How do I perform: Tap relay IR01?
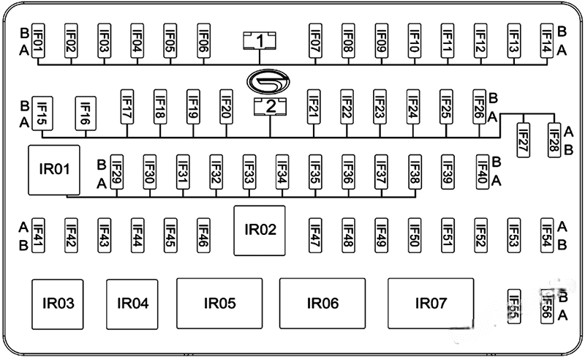pos(53,170)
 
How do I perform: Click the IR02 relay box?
pos(259,230)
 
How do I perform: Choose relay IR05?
pos(219,303)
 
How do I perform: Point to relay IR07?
pos(430,303)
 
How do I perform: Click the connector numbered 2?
pos(271,107)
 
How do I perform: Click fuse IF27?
pos(523,135)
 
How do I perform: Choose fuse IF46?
pos(203,233)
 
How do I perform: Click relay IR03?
pos(59,303)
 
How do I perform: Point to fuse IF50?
pos(415,233)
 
